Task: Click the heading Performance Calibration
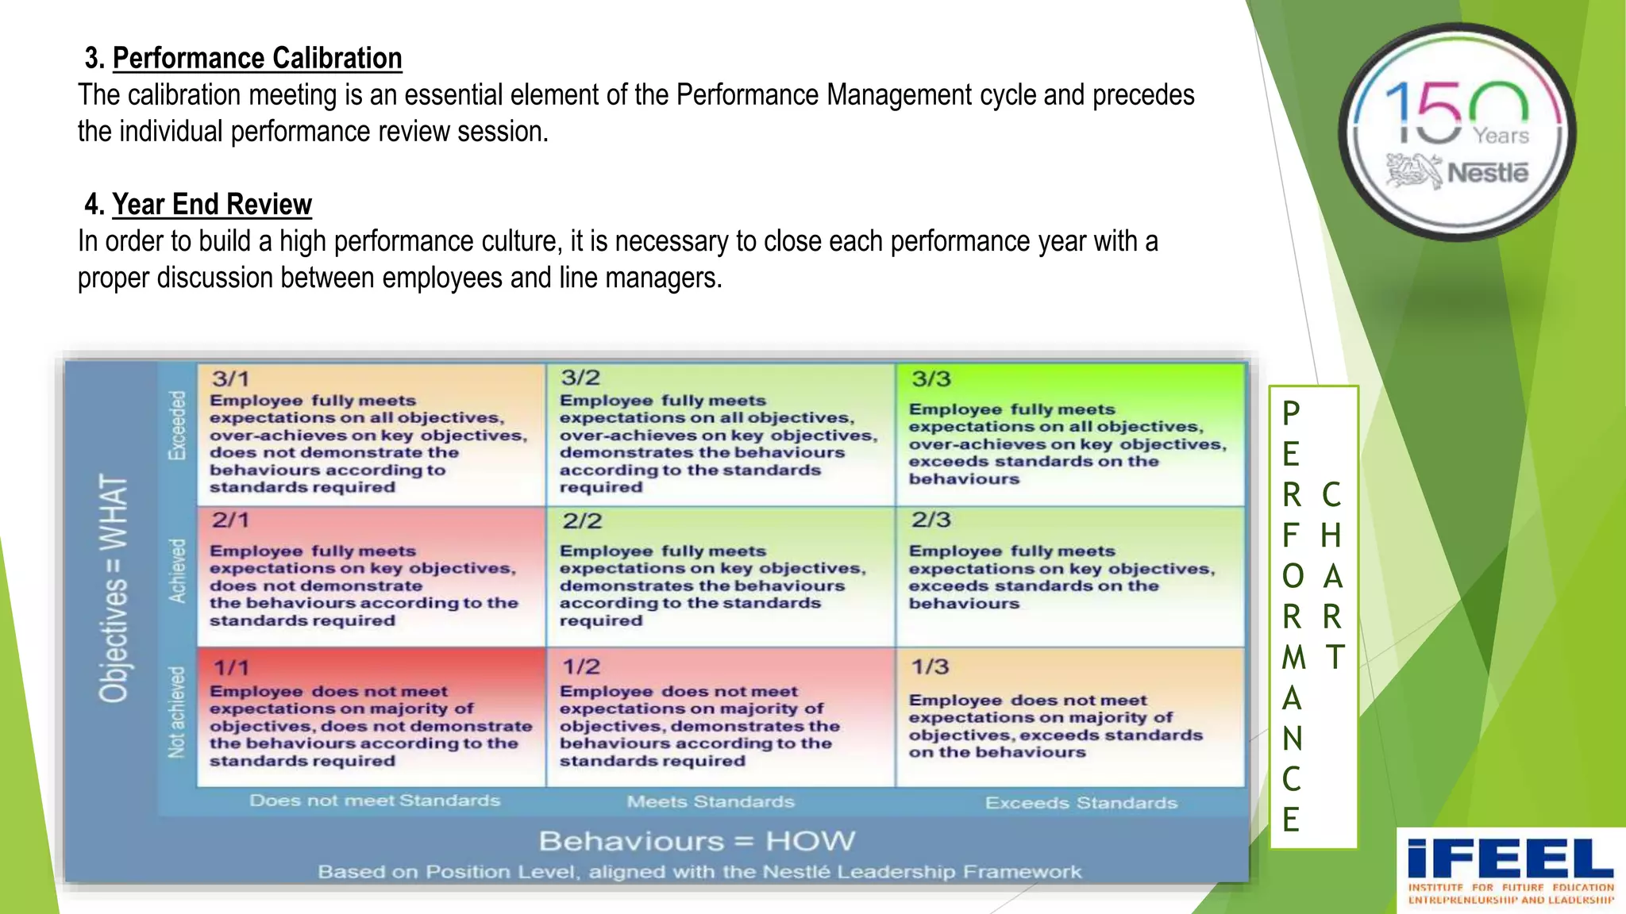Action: pyautogui.click(x=256, y=59)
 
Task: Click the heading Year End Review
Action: pyautogui.click(x=211, y=205)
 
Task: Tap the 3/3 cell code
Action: pyautogui.click(x=931, y=379)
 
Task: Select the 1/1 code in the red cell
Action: pyautogui.click(x=231, y=668)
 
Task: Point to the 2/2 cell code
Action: pyautogui.click(x=582, y=521)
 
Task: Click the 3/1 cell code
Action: pyautogui.click(x=230, y=379)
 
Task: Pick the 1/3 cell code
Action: pyautogui.click(x=930, y=667)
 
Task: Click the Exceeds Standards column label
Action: pyautogui.click(x=1081, y=803)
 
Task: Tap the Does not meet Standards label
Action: pyautogui.click(x=375, y=801)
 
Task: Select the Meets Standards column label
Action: pyautogui.click(x=711, y=802)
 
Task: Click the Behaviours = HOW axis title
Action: pyautogui.click(x=697, y=841)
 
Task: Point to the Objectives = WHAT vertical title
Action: pyautogui.click(x=114, y=589)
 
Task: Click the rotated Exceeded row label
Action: pyautogui.click(x=176, y=425)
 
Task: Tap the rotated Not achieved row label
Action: pyautogui.click(x=176, y=712)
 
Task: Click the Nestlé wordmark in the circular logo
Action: pyautogui.click(x=1486, y=172)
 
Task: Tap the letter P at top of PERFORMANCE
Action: pyautogui.click(x=1291, y=413)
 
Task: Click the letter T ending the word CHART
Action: pyautogui.click(x=1334, y=657)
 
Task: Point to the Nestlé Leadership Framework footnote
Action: pyautogui.click(x=699, y=872)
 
